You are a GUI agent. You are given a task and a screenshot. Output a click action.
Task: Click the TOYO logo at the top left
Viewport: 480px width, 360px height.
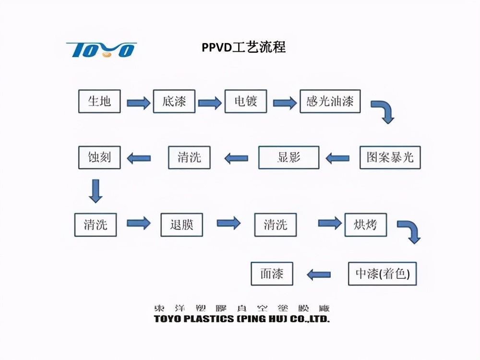click(x=101, y=49)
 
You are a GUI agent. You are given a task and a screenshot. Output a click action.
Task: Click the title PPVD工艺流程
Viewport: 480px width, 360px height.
click(x=243, y=47)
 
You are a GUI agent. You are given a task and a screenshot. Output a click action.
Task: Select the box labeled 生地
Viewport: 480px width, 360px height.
click(x=99, y=101)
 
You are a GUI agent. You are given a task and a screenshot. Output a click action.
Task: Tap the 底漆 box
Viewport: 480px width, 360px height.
click(x=174, y=101)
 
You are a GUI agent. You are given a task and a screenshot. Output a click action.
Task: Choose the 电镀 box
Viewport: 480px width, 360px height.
click(x=246, y=101)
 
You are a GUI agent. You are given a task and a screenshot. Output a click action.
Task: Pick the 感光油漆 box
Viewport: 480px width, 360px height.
click(x=330, y=101)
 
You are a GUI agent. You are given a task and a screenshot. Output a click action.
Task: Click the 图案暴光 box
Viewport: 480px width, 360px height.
click(x=390, y=157)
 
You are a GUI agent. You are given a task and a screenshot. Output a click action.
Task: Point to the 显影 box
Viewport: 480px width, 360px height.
click(x=288, y=157)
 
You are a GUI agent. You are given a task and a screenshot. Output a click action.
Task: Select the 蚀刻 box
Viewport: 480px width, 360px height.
click(x=99, y=157)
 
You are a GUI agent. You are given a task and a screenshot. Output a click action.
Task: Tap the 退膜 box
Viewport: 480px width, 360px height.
click(x=181, y=224)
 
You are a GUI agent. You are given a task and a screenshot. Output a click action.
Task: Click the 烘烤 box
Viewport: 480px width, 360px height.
click(x=366, y=224)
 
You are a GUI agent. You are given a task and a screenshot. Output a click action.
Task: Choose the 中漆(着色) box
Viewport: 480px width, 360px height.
click(x=382, y=274)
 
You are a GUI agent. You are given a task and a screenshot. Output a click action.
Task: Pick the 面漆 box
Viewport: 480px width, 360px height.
click(x=272, y=274)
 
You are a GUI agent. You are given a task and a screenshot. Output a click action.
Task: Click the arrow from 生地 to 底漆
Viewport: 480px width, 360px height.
click(x=138, y=102)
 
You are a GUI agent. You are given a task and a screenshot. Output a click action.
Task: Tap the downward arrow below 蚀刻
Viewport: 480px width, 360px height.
click(x=96, y=191)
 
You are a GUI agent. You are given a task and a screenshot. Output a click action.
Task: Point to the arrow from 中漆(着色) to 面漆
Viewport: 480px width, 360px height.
click(x=319, y=275)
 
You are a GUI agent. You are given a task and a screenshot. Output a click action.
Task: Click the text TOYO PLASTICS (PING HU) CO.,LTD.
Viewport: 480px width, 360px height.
click(x=241, y=319)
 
